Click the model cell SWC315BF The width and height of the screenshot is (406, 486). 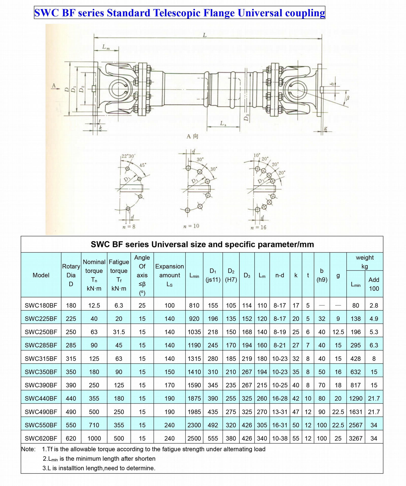[x=41, y=359]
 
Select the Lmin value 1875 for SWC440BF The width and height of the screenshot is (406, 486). [x=194, y=398]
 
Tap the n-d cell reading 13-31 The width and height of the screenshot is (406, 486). [x=280, y=412]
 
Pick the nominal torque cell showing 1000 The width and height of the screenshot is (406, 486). [x=94, y=438]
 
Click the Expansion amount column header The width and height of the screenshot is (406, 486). [x=170, y=275]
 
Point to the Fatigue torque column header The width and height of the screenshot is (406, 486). [x=119, y=275]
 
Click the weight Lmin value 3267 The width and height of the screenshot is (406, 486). [x=356, y=438]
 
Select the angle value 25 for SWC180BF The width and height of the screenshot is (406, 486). [x=142, y=305]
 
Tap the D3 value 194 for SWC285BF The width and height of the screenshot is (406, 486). [x=247, y=345]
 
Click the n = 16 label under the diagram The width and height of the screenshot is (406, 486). [x=258, y=227]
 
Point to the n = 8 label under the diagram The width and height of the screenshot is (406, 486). [x=129, y=226]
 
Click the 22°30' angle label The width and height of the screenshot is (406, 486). [x=128, y=156]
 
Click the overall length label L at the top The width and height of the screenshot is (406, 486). [x=205, y=35]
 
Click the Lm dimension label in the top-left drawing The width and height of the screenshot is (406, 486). [x=106, y=47]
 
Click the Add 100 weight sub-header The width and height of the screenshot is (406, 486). [x=374, y=284]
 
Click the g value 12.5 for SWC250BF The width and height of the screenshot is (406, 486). [x=338, y=332]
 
